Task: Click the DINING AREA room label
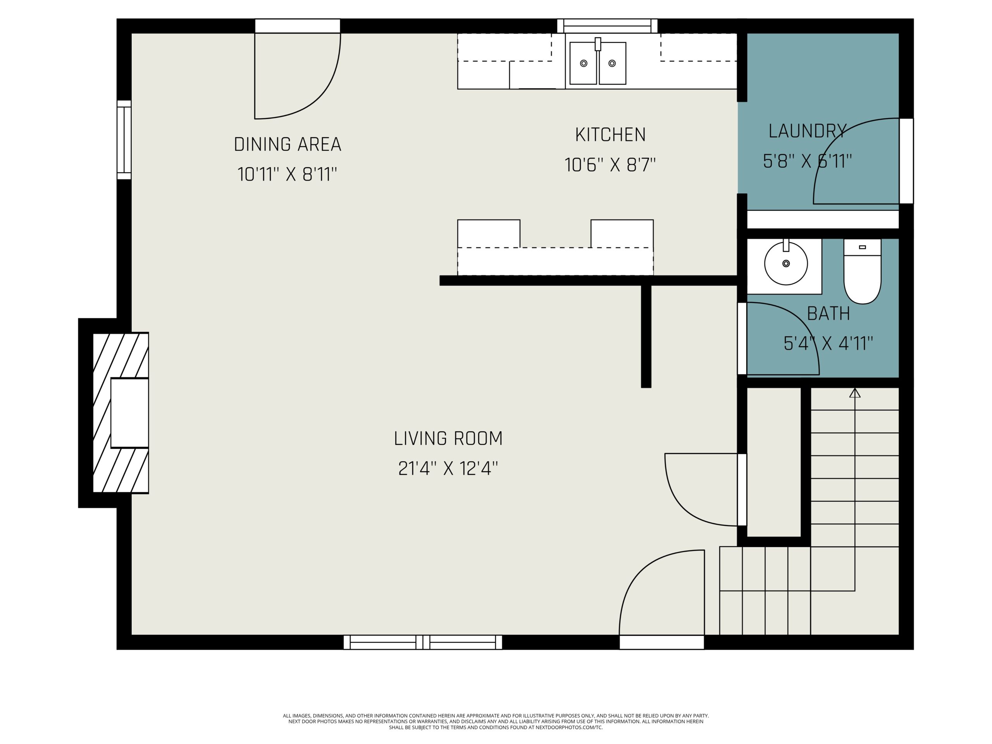coord(288,145)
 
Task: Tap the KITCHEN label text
coord(610,134)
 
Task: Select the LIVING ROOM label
coord(448,438)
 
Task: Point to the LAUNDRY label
coord(807,131)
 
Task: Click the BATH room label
coord(828,313)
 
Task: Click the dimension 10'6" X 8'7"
coord(610,165)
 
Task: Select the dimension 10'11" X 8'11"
coord(287,174)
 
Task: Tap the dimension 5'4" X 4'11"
coord(828,344)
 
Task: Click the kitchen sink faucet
coord(598,44)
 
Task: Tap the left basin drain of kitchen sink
coord(584,63)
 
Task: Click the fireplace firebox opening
coord(129,413)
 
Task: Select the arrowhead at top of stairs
coord(855,393)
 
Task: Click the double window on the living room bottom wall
coord(422,642)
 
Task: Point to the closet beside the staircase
coord(773,462)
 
